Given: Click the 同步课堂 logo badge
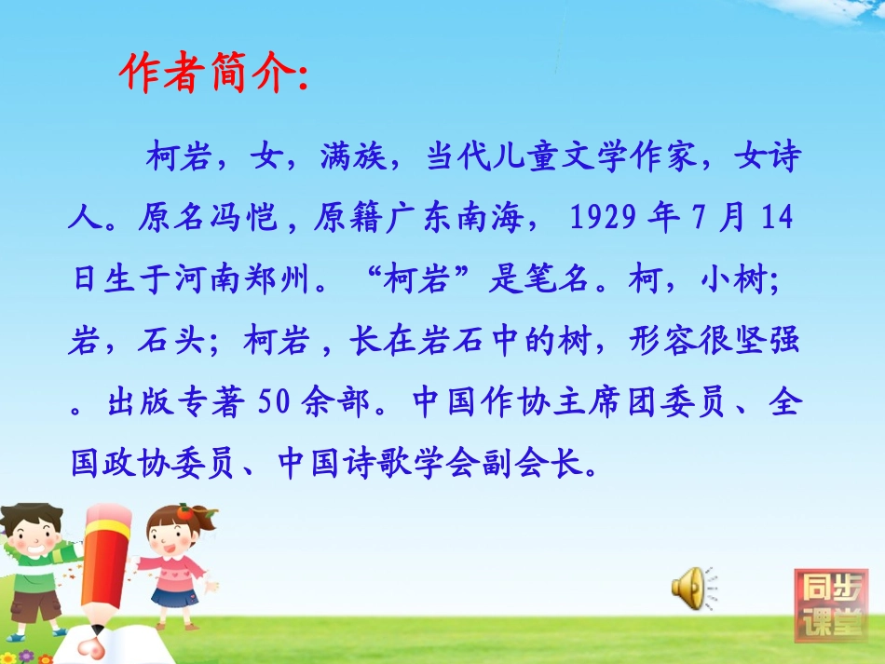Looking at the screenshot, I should pyautogui.click(x=829, y=604).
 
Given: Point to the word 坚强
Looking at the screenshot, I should pyautogui.click(x=772, y=343).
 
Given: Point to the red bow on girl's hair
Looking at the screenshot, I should pyautogui.click(x=187, y=510).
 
